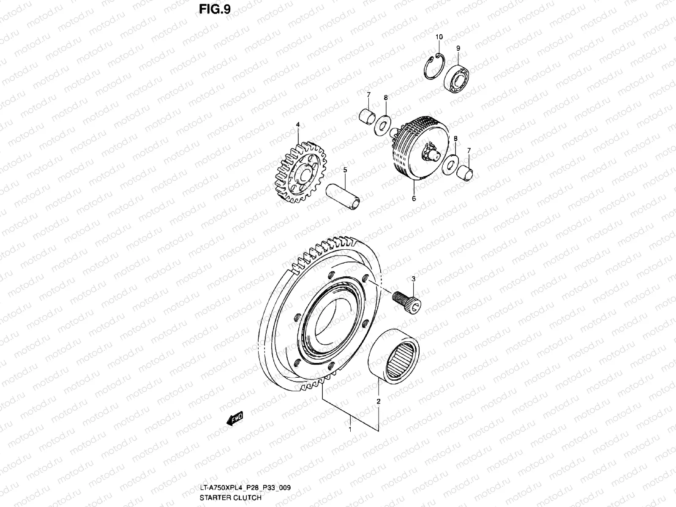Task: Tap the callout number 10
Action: click(439, 37)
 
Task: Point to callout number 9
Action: click(458, 49)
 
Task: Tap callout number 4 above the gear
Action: click(297, 125)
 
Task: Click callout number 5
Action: click(345, 170)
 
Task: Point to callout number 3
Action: click(413, 279)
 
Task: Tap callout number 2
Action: click(379, 401)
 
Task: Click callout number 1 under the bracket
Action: click(349, 430)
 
